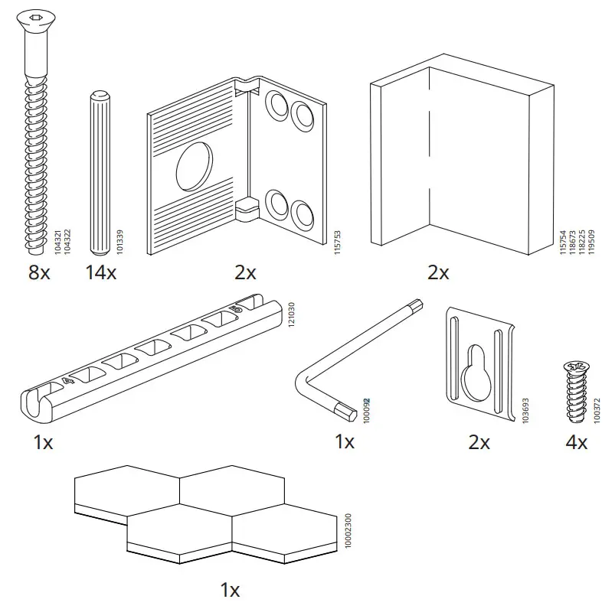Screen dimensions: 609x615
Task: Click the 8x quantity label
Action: click(38, 272)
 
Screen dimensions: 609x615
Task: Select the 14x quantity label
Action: click(101, 272)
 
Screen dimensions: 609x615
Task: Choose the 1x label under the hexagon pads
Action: click(230, 590)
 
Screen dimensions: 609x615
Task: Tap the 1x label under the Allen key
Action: click(345, 441)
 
